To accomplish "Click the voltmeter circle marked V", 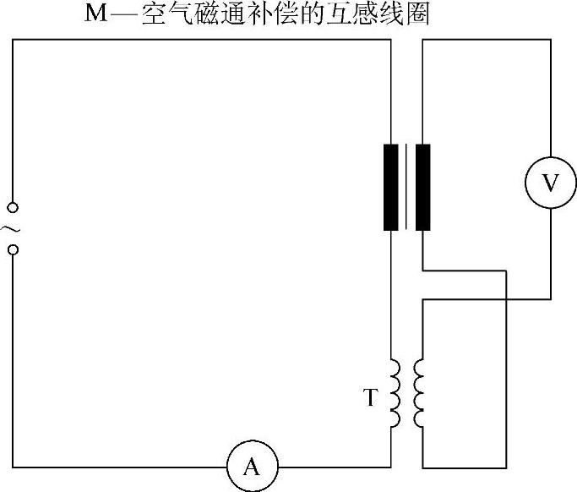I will tap(550, 183).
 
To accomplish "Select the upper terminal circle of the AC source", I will tap(12, 207).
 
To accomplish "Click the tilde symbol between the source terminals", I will tap(12, 228).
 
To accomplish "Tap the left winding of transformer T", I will tap(395, 394).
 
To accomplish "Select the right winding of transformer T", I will tap(418, 394).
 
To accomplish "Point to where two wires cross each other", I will tap(506, 298).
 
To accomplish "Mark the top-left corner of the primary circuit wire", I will tap(13, 40).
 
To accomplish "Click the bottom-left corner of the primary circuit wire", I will tap(13, 467).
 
